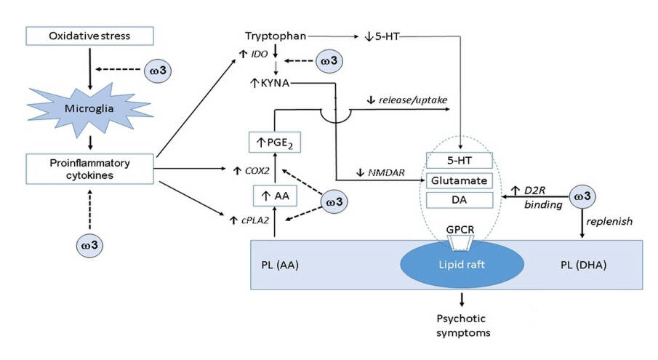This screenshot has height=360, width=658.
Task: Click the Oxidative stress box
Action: coord(89,36)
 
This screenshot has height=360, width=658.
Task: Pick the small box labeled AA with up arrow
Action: coord(276,194)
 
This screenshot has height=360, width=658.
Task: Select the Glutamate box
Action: coord(460,179)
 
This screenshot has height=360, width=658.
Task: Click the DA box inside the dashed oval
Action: coord(460,198)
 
